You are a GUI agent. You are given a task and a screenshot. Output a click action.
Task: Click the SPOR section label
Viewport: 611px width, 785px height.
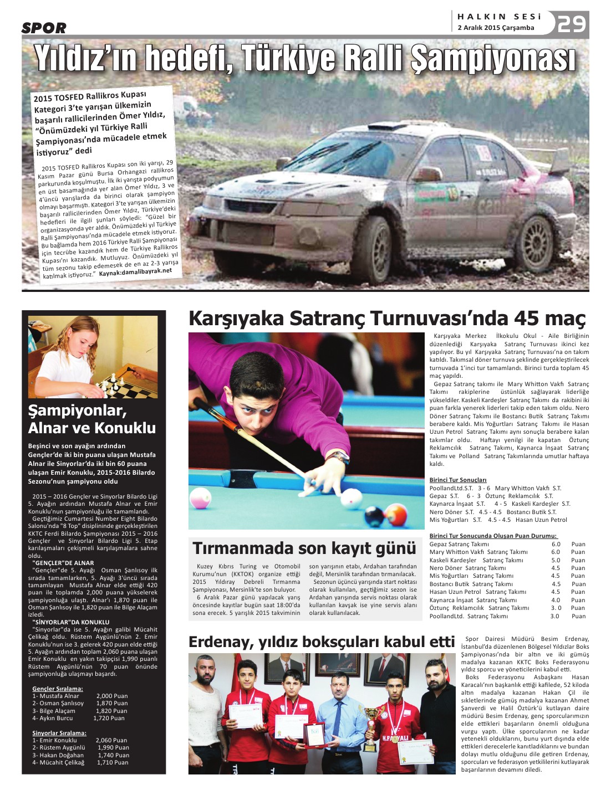(44, 28)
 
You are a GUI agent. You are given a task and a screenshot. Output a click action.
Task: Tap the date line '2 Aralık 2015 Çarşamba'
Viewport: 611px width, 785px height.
(496, 28)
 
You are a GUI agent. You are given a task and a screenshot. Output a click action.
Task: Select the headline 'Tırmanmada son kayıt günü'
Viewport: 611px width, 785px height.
(304, 548)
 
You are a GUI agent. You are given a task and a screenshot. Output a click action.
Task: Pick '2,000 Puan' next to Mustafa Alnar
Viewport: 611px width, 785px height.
(112, 696)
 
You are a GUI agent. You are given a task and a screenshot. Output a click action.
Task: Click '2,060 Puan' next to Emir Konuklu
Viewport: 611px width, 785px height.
(111, 740)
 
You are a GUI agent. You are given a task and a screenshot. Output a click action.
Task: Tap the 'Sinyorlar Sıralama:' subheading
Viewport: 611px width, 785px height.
(59, 733)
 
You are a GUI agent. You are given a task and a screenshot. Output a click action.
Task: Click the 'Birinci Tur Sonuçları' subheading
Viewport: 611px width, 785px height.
(458, 480)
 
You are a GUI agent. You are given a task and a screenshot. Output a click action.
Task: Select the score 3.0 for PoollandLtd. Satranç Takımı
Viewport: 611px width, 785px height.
(554, 616)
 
